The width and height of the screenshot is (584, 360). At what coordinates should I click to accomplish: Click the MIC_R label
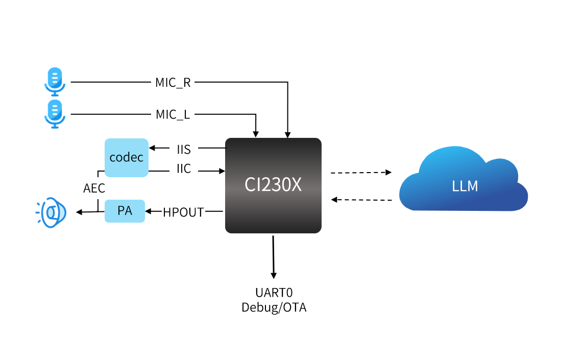tap(173, 82)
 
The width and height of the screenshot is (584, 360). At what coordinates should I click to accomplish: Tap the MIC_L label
tap(173, 114)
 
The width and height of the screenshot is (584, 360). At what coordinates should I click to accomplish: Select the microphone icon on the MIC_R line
tap(54, 82)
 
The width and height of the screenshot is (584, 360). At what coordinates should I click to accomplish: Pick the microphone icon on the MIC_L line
tap(54, 113)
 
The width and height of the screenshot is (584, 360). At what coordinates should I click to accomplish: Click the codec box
tap(127, 157)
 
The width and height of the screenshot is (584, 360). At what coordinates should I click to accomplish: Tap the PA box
tap(125, 210)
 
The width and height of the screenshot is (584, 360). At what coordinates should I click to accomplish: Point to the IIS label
tap(184, 149)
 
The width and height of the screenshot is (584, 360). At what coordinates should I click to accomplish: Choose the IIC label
tap(184, 170)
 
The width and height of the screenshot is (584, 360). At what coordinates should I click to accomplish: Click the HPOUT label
tap(183, 212)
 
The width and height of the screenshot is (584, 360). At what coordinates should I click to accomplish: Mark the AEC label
tap(94, 188)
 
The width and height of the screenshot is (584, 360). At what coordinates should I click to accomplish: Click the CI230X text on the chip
tap(273, 185)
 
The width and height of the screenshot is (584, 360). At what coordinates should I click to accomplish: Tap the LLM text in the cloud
tap(465, 186)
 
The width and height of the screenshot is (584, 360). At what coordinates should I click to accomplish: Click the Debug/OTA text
tap(274, 308)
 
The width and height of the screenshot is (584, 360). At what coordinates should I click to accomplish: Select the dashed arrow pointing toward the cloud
tap(361, 173)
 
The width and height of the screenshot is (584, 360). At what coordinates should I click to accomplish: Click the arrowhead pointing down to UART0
tap(274, 275)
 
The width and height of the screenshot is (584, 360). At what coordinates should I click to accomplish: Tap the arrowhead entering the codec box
tap(152, 149)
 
